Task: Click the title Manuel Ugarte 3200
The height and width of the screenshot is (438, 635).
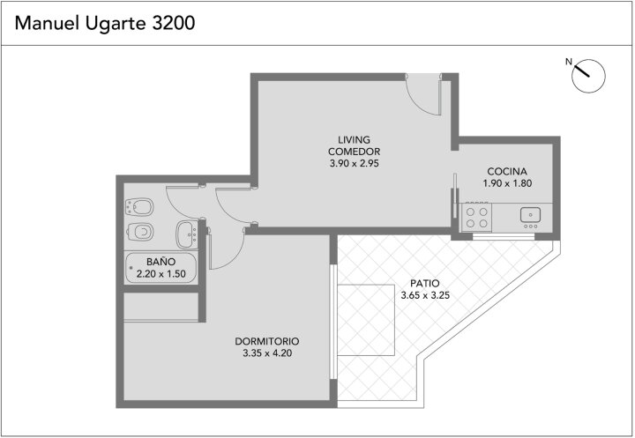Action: pyautogui.click(x=105, y=24)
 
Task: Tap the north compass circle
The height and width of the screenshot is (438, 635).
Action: pyautogui.click(x=588, y=76)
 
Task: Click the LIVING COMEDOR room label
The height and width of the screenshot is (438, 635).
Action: pyautogui.click(x=354, y=145)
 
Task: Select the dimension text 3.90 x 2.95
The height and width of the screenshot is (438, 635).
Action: pyautogui.click(x=354, y=164)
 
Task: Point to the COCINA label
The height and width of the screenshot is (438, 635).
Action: pyautogui.click(x=507, y=171)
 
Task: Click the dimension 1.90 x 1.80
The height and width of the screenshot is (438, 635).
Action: pyautogui.click(x=507, y=183)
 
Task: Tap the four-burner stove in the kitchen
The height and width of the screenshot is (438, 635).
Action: pyautogui.click(x=476, y=217)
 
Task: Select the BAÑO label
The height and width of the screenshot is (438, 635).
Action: pyautogui.click(x=161, y=262)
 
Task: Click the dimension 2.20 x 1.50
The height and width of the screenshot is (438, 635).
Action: pyautogui.click(x=161, y=274)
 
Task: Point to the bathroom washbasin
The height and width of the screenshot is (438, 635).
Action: pyautogui.click(x=187, y=234)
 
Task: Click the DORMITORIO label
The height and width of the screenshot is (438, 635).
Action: pyautogui.click(x=267, y=341)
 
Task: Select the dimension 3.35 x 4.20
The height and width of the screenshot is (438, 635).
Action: pyautogui.click(x=267, y=353)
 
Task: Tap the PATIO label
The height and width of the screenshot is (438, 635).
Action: pyautogui.click(x=425, y=284)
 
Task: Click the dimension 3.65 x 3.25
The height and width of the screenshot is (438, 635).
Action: pyautogui.click(x=425, y=295)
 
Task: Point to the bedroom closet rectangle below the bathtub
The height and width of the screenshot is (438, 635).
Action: pyautogui.click(x=161, y=307)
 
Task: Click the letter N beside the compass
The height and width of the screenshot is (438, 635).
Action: pyautogui.click(x=569, y=62)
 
